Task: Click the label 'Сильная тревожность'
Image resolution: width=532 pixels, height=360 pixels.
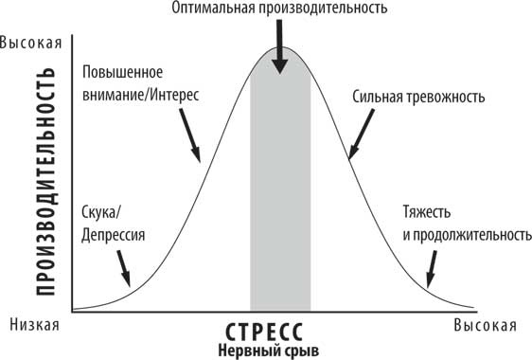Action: (417, 97)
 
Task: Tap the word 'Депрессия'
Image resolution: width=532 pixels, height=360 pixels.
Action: (114, 233)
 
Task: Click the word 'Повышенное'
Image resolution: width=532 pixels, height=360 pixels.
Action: (124, 73)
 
